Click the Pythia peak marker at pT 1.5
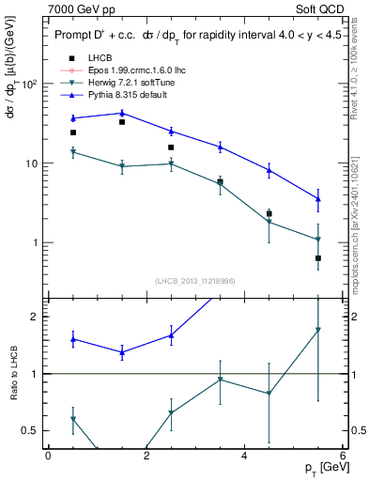(122, 113)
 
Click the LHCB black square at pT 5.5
(318, 257)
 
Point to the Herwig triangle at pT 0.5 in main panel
(73, 151)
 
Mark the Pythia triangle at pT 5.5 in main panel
(318, 198)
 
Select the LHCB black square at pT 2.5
(171, 147)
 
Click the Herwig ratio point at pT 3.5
(220, 380)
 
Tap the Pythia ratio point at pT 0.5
(73, 339)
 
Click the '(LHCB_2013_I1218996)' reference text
(195, 281)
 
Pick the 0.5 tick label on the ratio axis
(30, 430)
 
